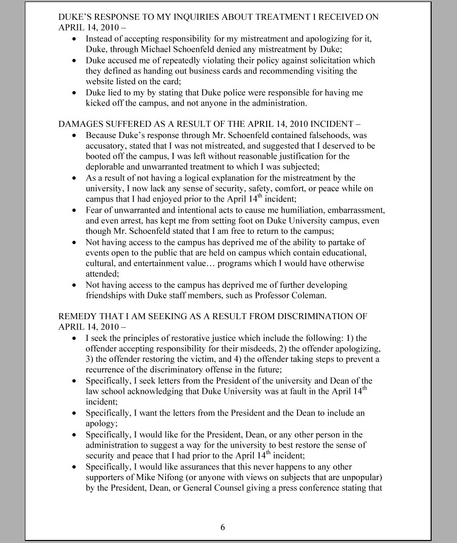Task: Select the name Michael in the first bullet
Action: click(145, 49)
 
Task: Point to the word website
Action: click(101, 82)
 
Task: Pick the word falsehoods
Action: click(332, 135)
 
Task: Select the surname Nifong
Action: click(184, 478)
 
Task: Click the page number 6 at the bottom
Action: click(222, 527)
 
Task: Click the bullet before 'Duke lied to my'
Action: click(75, 93)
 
